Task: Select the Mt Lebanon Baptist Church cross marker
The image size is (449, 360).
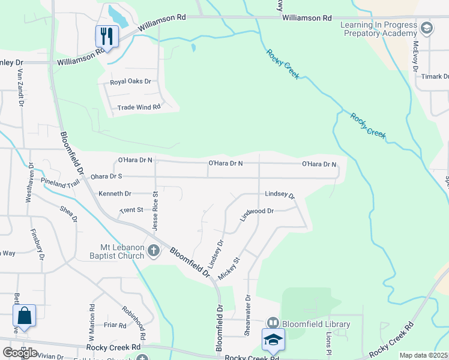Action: (154, 251)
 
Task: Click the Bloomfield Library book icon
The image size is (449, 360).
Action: (273, 324)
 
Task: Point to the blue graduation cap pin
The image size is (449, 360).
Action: (273, 339)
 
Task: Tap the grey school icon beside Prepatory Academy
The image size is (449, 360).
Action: (426, 28)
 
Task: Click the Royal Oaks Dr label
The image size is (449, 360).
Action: (130, 82)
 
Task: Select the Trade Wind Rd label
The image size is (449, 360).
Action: (139, 107)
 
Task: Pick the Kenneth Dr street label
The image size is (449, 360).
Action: (115, 194)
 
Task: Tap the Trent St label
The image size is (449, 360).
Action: (131, 210)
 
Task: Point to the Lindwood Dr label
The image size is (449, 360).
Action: (257, 215)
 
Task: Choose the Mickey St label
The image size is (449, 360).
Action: (229, 268)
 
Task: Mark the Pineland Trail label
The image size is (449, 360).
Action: (60, 182)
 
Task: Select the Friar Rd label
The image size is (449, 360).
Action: (114, 325)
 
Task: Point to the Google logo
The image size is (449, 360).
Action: (20, 353)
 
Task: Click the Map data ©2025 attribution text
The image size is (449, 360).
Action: (423, 355)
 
